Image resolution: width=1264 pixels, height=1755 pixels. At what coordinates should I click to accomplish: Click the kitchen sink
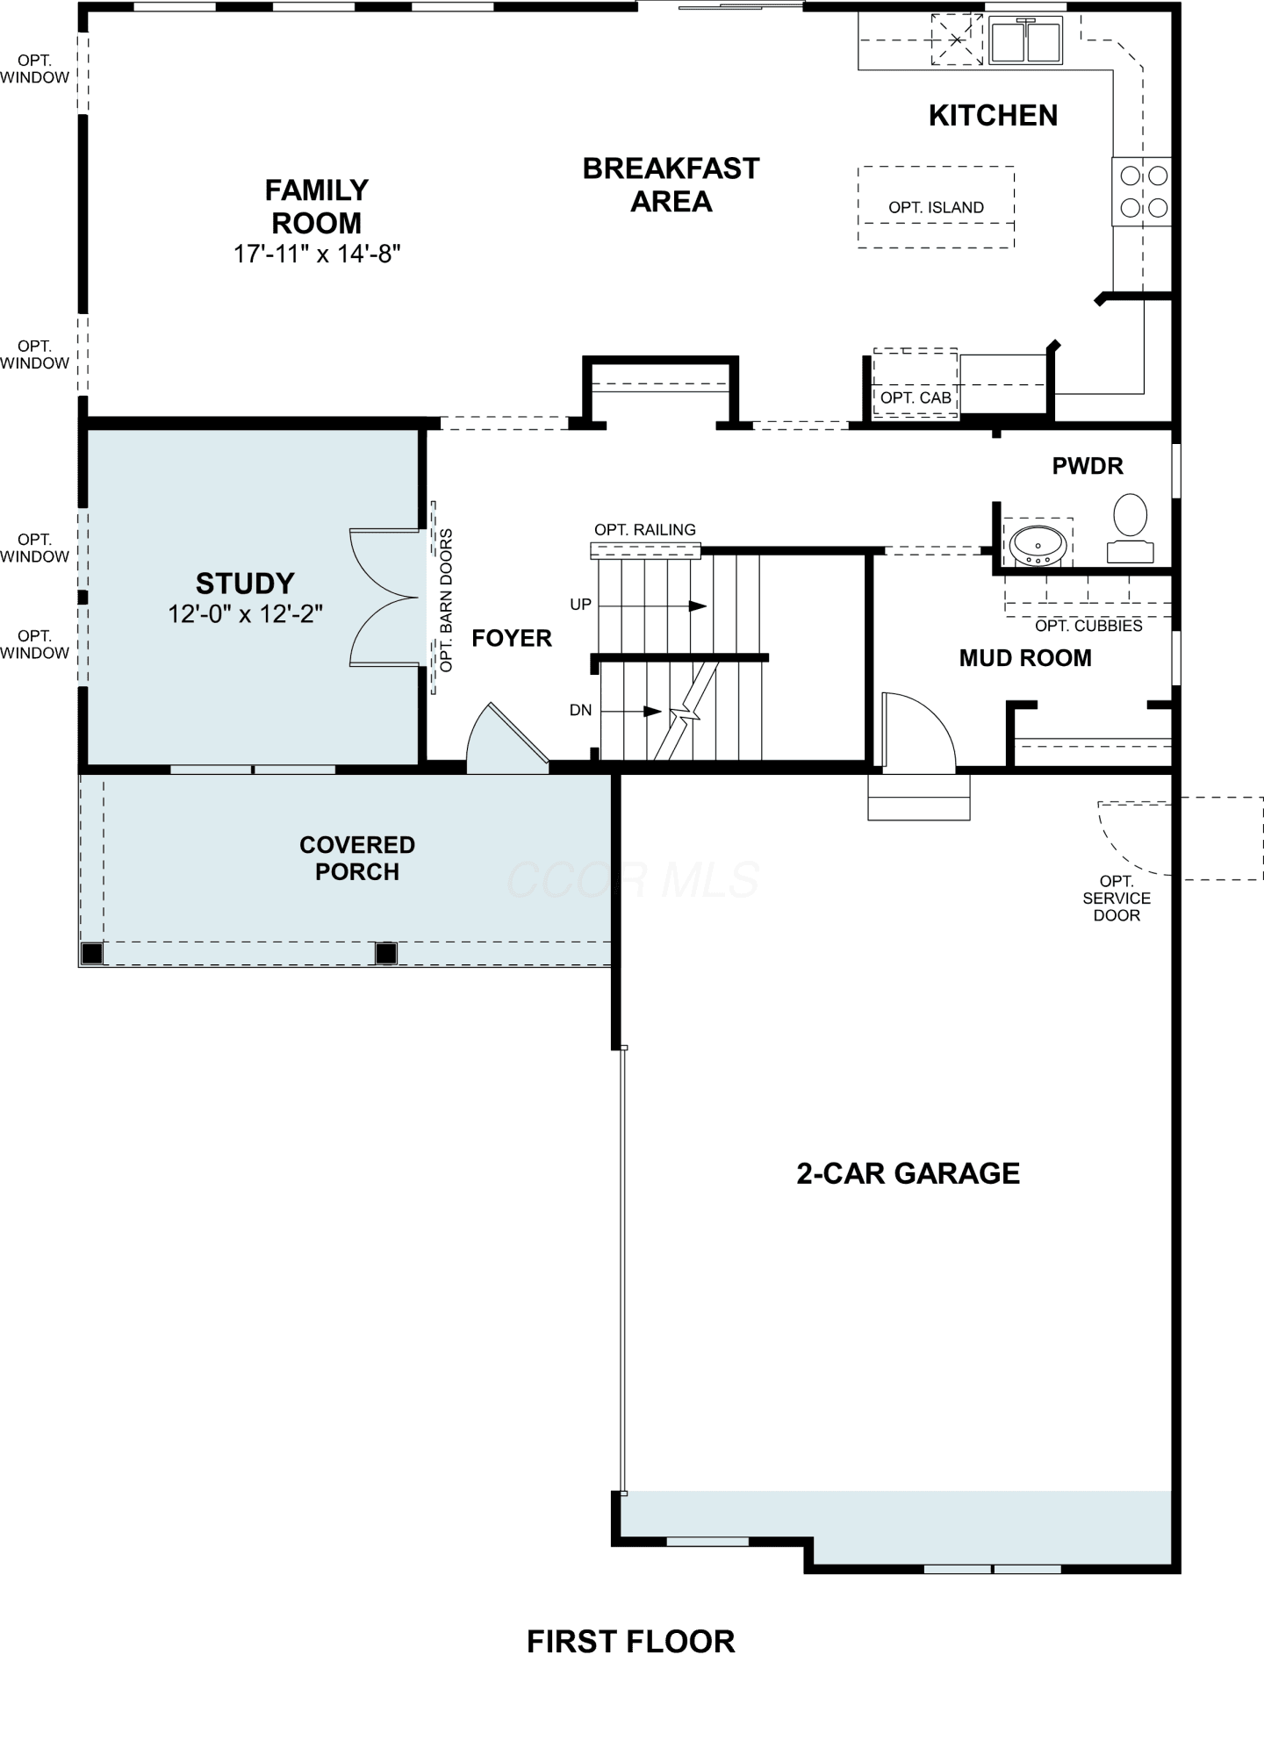(1025, 40)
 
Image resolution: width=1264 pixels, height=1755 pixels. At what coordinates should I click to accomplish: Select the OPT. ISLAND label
(936, 208)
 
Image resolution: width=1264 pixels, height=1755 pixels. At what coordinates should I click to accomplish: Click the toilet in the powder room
(1130, 527)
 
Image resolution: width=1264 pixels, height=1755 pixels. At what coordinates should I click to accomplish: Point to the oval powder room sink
(1038, 544)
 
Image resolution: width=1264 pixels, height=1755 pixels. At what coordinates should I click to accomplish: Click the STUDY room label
(245, 584)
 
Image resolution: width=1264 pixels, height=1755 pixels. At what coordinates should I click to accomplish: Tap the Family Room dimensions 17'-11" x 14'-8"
(317, 254)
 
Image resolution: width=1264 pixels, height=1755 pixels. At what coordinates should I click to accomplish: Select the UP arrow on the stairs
(653, 605)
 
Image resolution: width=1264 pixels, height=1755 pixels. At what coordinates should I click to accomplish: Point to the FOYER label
(512, 638)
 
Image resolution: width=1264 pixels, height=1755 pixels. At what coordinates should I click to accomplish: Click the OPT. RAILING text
(645, 530)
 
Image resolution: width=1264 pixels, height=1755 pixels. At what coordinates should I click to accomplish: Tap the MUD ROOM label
(1025, 658)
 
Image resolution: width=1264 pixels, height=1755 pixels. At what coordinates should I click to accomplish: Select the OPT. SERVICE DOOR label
(1117, 899)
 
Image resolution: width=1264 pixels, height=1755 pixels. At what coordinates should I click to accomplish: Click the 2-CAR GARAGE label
(908, 1174)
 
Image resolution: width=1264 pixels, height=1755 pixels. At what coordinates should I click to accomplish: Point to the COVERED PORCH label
(357, 858)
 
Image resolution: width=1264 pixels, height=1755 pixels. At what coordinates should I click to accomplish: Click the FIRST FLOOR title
(631, 1642)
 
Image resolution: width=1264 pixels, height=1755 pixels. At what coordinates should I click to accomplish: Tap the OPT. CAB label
(916, 398)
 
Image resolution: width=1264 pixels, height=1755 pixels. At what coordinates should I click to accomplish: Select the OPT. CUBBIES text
(1088, 626)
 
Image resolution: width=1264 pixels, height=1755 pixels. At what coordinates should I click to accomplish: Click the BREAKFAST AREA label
(671, 185)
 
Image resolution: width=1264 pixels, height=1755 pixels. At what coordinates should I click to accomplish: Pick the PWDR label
(1088, 466)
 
